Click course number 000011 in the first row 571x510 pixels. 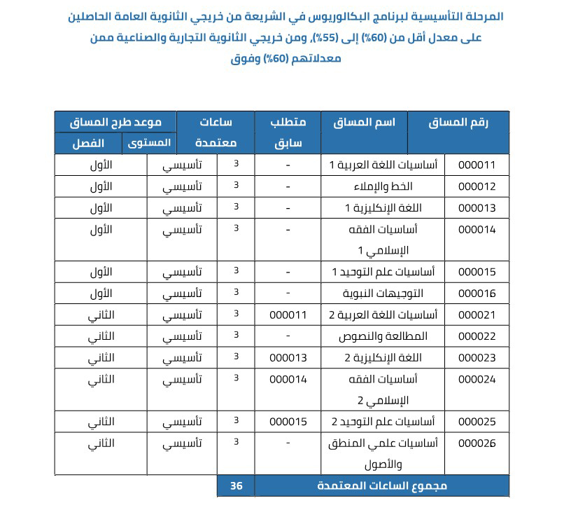point(477,165)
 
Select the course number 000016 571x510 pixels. point(477,293)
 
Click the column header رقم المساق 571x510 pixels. point(458,122)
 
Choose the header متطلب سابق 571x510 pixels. point(288,132)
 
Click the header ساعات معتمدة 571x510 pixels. point(216,132)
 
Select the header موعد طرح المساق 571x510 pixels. point(115,122)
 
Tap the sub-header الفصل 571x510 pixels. point(89,143)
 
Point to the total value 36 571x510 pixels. point(236,485)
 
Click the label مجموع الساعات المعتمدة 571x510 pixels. point(381,485)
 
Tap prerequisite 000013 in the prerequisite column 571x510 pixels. point(288,357)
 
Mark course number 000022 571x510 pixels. point(477,336)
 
